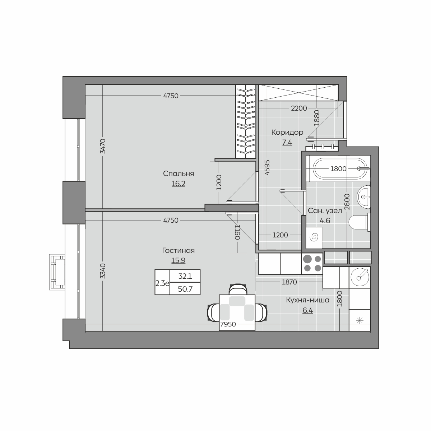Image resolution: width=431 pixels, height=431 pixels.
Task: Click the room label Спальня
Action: pyautogui.click(x=178, y=173)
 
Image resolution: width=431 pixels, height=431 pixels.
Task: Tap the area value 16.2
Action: pyautogui.click(x=178, y=184)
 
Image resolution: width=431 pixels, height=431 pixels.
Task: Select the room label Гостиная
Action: pyautogui.click(x=178, y=250)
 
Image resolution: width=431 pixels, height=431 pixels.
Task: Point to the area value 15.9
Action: pyautogui.click(x=178, y=260)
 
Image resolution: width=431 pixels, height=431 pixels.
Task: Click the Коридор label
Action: pyautogui.click(x=287, y=133)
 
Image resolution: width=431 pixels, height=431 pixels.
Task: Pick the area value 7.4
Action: pyautogui.click(x=287, y=142)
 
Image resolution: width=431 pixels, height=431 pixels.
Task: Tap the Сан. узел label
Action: pyautogui.click(x=325, y=211)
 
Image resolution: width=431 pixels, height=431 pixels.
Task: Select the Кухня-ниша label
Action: pyautogui.click(x=307, y=300)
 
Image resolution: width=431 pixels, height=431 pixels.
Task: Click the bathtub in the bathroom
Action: pyautogui.click(x=341, y=169)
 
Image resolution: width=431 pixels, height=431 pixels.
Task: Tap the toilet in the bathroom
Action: pyautogui.click(x=360, y=222)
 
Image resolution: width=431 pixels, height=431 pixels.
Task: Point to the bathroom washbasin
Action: pyautogui.click(x=364, y=197)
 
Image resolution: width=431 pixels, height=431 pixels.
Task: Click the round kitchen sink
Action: pyautogui.click(x=360, y=277)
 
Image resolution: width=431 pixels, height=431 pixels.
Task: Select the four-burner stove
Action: pyautogui.click(x=312, y=264)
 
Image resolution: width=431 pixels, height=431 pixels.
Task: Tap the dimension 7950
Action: pyautogui.click(x=228, y=324)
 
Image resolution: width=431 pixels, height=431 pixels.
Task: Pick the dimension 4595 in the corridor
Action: pyautogui.click(x=267, y=167)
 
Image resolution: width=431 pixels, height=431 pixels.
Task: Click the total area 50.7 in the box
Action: pyautogui.click(x=185, y=289)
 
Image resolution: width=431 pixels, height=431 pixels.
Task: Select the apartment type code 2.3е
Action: pyautogui.click(x=162, y=283)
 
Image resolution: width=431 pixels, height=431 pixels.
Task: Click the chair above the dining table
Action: pyautogui.click(x=238, y=289)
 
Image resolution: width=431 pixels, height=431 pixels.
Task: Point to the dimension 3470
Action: pyautogui.click(x=103, y=146)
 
